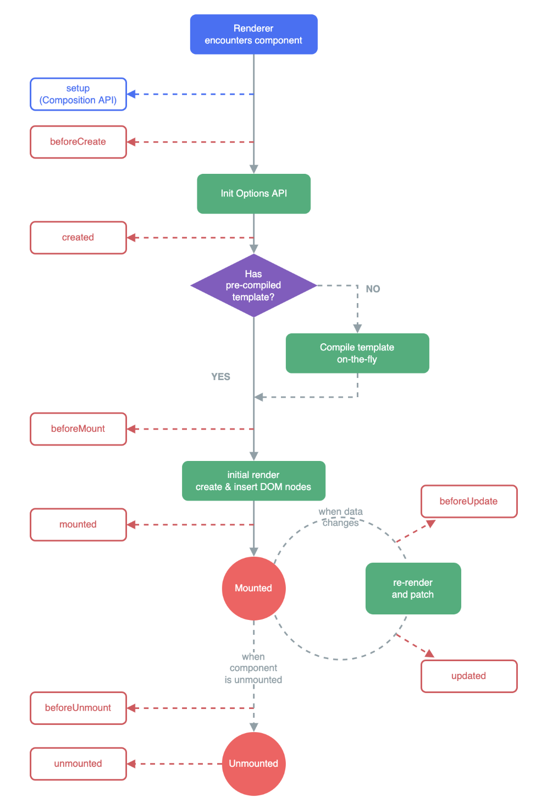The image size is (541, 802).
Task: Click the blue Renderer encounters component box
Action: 253,34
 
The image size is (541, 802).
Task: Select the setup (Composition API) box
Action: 79,94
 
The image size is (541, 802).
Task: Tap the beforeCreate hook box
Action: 79,142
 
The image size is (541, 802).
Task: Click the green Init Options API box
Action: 253,194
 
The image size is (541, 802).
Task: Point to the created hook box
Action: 79,238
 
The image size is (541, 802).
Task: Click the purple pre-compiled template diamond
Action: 253,285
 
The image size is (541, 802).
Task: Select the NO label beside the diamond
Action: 373,289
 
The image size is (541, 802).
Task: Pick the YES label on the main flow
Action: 220,377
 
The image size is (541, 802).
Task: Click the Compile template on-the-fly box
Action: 357,353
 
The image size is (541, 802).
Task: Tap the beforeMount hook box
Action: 79,429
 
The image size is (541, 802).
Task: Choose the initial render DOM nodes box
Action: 253,481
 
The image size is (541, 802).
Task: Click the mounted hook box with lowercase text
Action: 79,525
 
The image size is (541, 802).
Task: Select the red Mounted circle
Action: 253,588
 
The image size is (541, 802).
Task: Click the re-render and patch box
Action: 413,588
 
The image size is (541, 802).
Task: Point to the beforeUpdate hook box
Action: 469,501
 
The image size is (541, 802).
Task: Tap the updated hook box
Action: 469,676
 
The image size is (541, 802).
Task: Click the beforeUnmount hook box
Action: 79,708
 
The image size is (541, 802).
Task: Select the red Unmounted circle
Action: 253,763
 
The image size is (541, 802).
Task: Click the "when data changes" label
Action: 341,518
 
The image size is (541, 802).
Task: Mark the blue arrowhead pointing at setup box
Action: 131,94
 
